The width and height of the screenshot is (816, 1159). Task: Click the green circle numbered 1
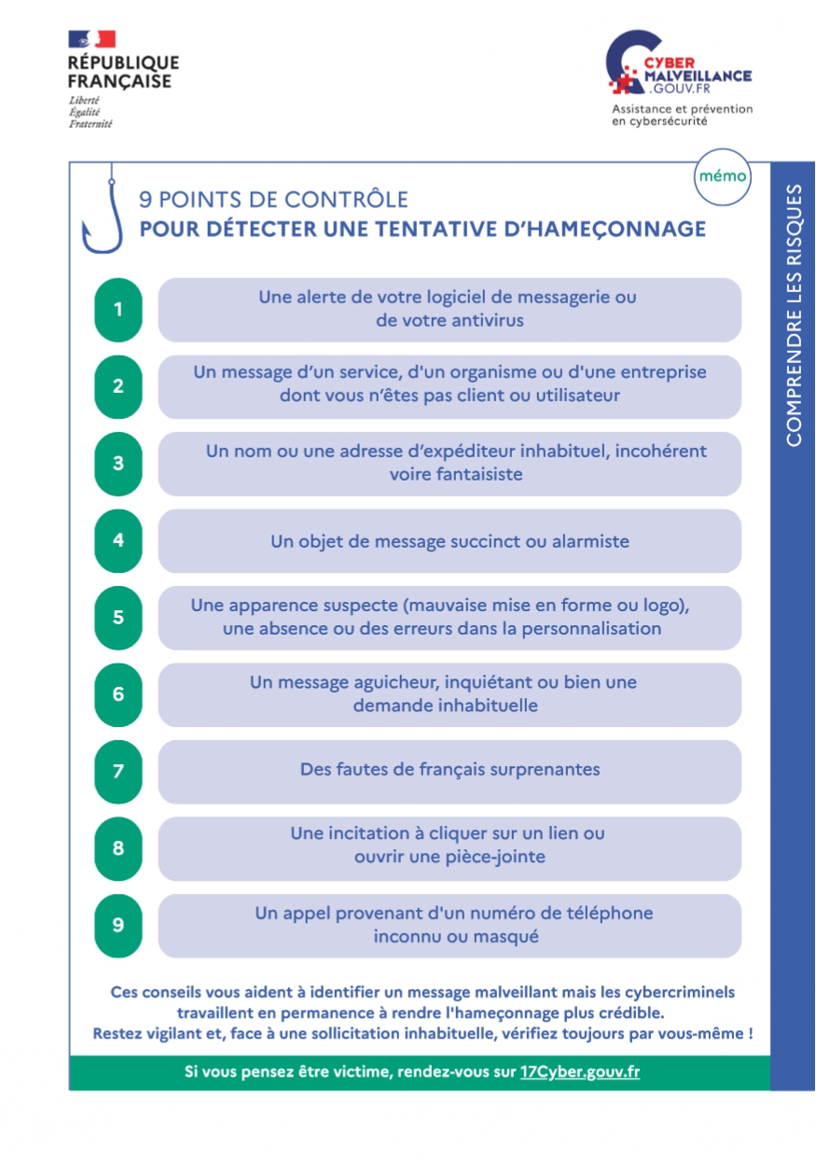[118, 310]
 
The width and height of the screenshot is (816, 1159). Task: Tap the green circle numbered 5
[118, 618]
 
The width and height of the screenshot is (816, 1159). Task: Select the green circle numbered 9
[118, 926]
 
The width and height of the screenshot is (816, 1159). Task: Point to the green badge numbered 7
[118, 772]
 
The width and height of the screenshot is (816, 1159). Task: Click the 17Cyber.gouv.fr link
[580, 1071]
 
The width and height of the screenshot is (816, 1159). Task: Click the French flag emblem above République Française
[91, 39]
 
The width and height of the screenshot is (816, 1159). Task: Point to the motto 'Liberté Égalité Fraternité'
[90, 111]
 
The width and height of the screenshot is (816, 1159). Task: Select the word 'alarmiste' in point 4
[589, 541]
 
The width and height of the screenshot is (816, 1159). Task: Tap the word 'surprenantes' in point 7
[544, 770]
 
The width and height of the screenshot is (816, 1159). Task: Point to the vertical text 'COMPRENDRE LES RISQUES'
[794, 314]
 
